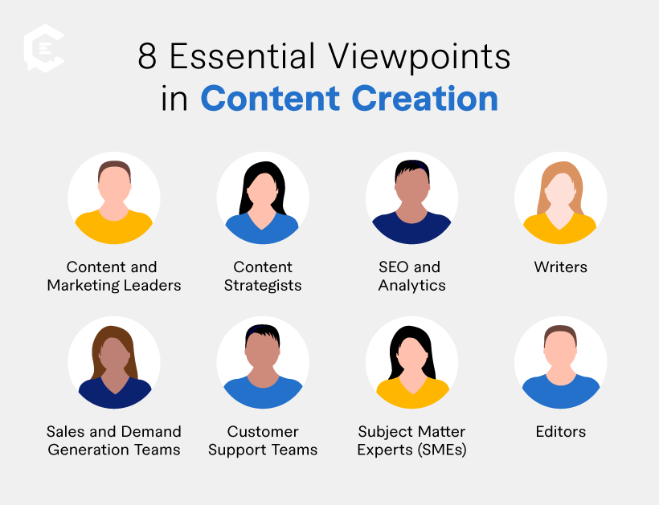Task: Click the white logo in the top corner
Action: (43, 50)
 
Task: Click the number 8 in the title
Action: (147, 59)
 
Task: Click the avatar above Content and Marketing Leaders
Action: (113, 198)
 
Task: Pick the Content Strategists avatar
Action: (263, 198)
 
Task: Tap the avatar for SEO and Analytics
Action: (411, 198)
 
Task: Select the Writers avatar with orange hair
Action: (560, 198)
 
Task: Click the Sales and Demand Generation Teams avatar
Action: (113, 363)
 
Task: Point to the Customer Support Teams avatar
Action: (263, 363)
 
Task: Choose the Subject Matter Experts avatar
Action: (411, 363)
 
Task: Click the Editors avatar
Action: (560, 363)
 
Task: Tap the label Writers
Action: (560, 267)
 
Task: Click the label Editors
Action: (560, 432)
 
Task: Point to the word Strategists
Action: (263, 285)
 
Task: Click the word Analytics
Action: (411, 285)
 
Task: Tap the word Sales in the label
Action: (66, 432)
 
